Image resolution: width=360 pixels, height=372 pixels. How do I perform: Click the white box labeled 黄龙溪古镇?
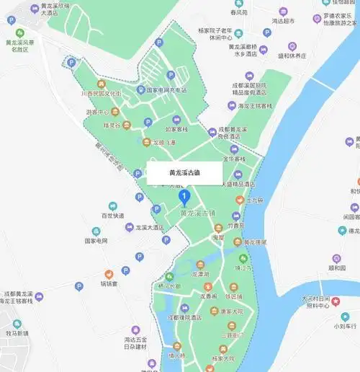[186, 173]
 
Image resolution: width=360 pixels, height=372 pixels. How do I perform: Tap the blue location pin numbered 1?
[184, 196]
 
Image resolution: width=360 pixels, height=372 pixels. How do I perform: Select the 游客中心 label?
[97, 112]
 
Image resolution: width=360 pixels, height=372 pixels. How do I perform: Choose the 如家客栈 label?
[176, 130]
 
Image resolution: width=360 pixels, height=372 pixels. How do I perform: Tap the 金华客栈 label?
[232, 158]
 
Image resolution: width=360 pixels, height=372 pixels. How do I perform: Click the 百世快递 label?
[112, 216]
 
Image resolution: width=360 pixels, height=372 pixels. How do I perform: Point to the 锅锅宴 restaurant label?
[109, 284]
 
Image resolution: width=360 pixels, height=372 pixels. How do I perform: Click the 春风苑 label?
[235, 12]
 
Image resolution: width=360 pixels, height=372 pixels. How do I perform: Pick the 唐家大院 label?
[231, 311]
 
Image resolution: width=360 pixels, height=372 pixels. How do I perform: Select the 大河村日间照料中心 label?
[315, 302]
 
